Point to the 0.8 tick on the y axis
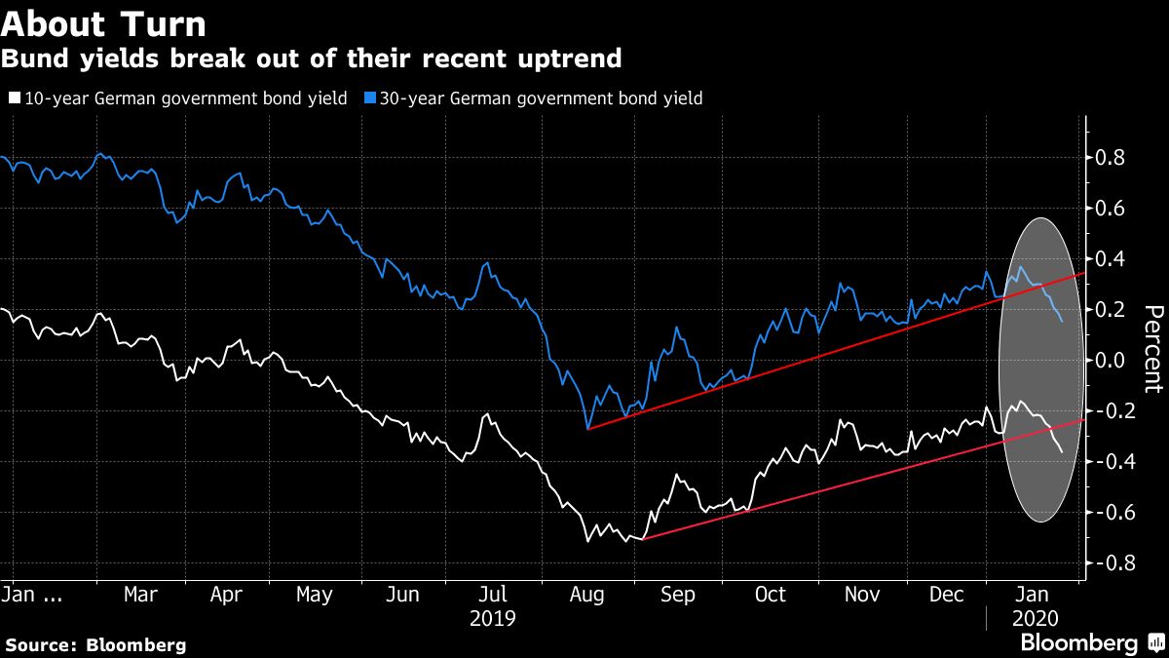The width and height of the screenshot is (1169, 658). click(1112, 158)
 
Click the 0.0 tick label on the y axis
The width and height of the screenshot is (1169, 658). click(1112, 361)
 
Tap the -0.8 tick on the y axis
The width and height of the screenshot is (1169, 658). click(1109, 563)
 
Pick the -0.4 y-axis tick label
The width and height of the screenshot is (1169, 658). click(1109, 462)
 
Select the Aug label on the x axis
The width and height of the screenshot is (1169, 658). click(585, 595)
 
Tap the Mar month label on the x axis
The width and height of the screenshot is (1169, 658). click(141, 595)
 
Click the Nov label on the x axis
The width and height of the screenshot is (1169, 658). click(860, 595)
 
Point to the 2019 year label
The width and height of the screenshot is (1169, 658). click(492, 618)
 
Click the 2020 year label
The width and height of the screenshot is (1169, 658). click(1034, 618)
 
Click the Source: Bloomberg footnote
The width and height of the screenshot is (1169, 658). click(95, 644)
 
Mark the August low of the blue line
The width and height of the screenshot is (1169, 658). click(587, 428)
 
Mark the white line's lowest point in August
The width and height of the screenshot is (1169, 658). click(587, 541)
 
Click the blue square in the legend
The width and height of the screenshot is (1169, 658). click(369, 98)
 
